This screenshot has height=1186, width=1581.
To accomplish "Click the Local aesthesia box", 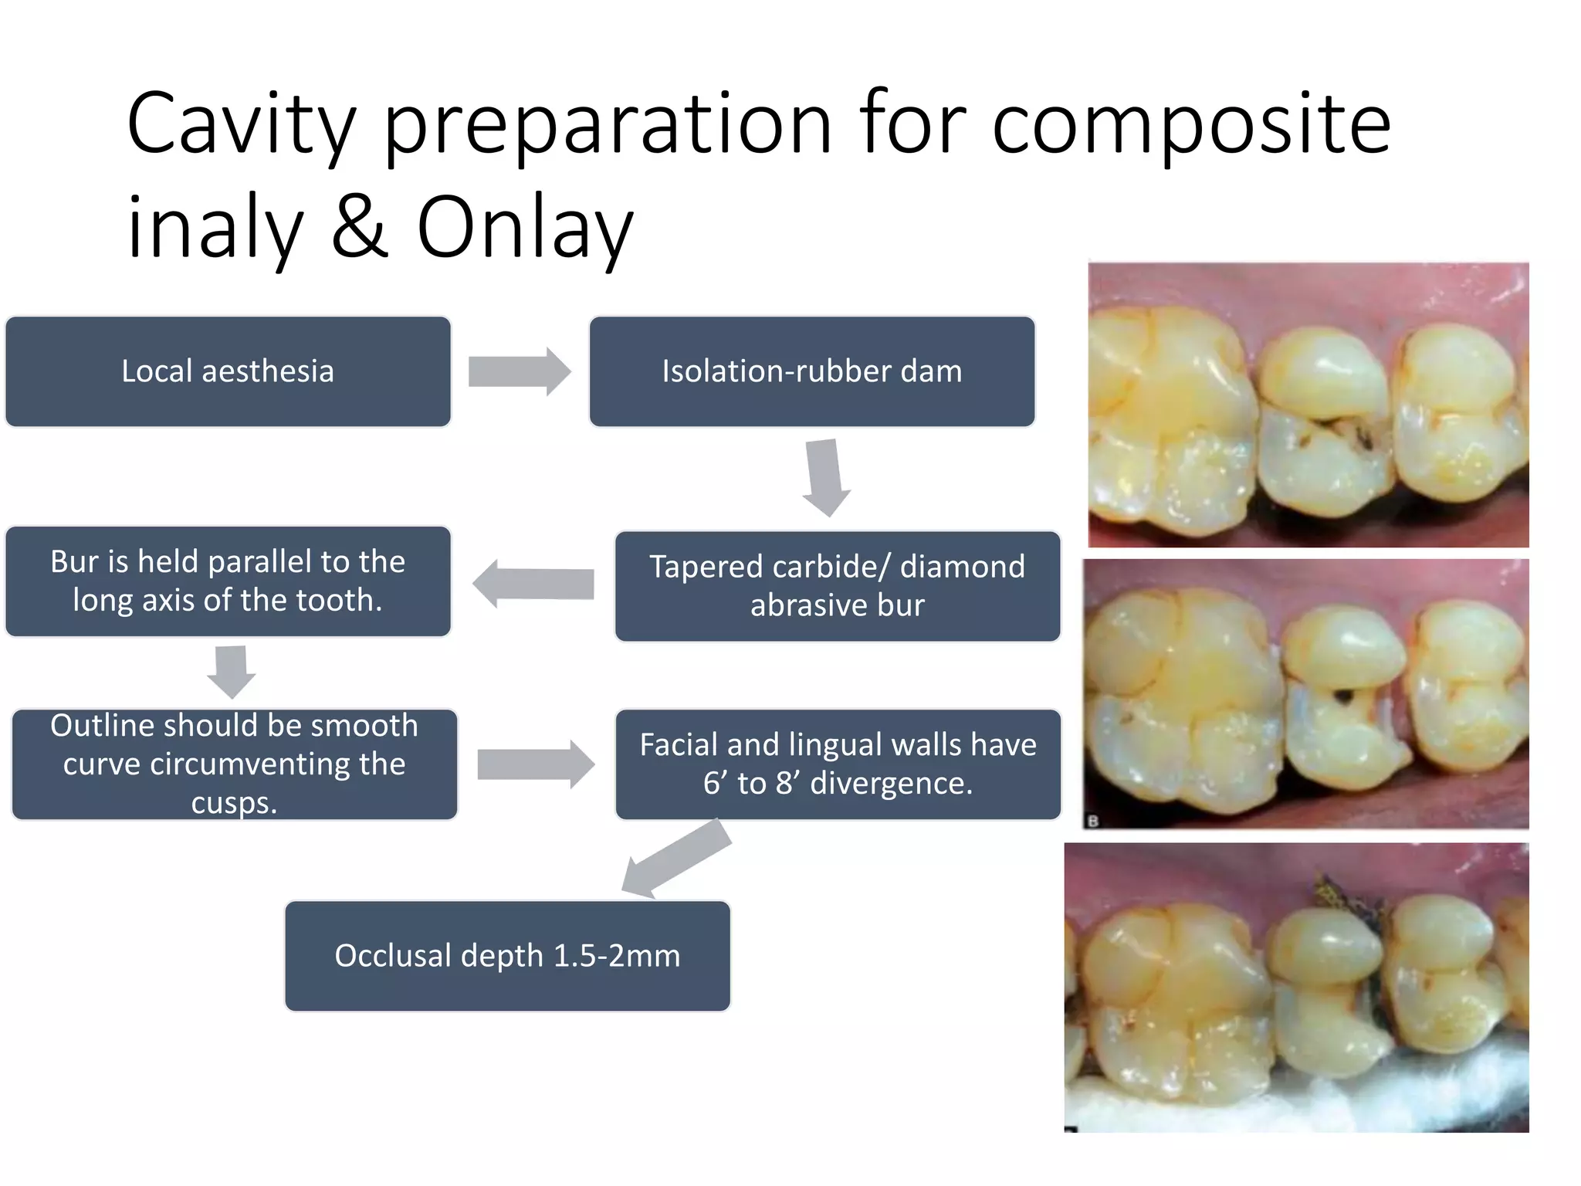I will click(228, 371).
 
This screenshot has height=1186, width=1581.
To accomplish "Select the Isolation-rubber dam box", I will click(811, 371).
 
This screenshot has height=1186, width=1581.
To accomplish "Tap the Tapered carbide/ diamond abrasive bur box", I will click(837, 586).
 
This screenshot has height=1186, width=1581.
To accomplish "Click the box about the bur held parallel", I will click(228, 581).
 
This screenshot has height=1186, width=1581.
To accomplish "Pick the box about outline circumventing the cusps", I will click(234, 764).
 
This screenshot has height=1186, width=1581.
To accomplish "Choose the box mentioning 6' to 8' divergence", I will click(838, 764).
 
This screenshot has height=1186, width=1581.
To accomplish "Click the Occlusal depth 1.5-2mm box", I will click(507, 956).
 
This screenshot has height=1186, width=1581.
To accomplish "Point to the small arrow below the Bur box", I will click(231, 670).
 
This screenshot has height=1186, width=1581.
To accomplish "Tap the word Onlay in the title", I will click(525, 228).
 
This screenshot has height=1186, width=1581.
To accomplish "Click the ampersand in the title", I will click(360, 228).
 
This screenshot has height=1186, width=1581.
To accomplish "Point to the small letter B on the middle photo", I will click(1092, 822).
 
